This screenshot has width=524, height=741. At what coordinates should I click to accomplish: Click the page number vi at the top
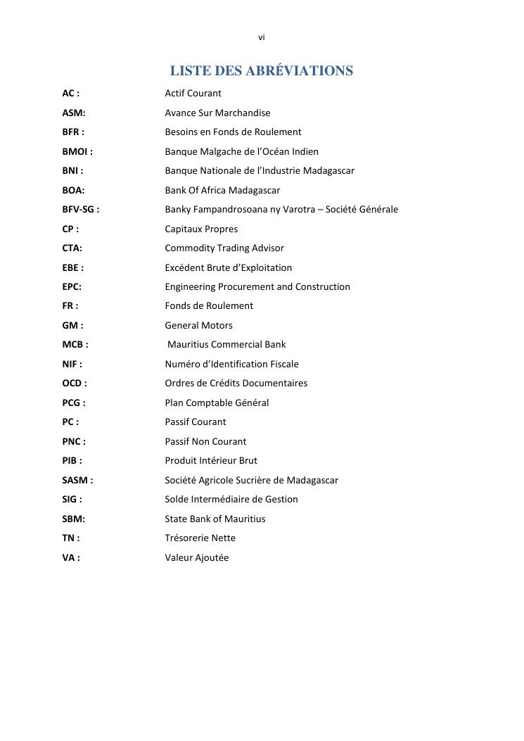coord(262,37)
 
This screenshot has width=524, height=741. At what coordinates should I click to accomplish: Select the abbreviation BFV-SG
coord(78,209)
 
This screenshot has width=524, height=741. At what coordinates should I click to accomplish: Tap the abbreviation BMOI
coord(75,151)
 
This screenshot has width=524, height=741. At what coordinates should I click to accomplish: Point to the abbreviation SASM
coord(75,480)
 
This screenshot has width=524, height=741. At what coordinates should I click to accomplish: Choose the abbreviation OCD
coord(72,384)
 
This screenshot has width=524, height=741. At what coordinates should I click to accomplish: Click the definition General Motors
coord(198,325)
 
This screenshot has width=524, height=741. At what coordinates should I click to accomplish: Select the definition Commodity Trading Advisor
coord(224,248)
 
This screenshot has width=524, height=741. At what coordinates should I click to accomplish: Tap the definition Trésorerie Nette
coord(200,538)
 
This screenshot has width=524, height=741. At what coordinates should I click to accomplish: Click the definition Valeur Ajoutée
coord(197,557)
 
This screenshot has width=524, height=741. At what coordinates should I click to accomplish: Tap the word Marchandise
coord(243,113)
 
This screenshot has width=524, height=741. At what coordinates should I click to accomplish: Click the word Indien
coord(305,151)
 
